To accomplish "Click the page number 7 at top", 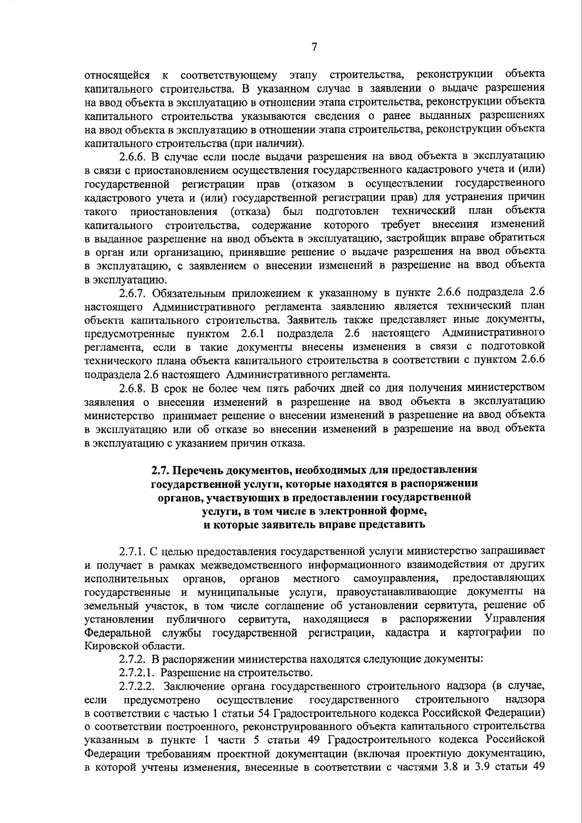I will click(314, 47).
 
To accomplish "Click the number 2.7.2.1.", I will click(138, 673).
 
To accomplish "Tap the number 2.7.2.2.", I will click(138, 686).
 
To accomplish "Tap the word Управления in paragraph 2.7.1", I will click(514, 619).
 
